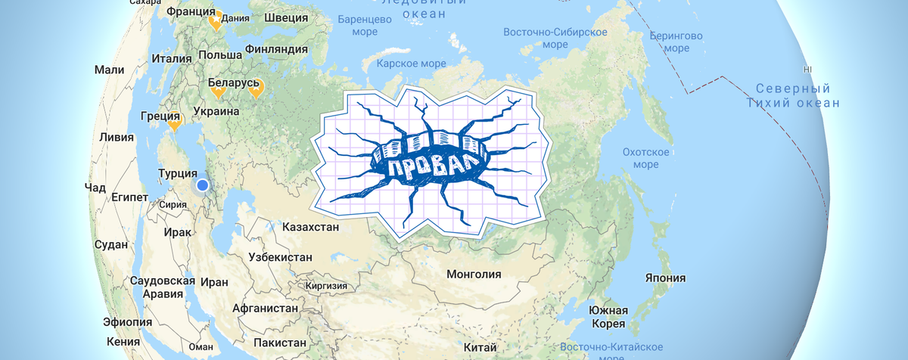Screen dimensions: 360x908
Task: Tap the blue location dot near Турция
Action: click(x=202, y=185)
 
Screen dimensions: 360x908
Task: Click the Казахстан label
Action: click(x=309, y=227)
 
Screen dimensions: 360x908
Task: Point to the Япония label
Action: click(x=664, y=278)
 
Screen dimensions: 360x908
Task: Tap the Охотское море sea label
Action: click(x=645, y=158)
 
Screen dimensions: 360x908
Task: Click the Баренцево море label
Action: click(x=368, y=24)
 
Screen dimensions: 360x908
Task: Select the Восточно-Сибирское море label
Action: click(x=555, y=38)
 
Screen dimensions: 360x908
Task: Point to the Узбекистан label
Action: click(x=280, y=257)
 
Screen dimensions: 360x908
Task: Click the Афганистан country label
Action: click(x=265, y=309)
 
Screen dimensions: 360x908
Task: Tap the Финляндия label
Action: click(x=276, y=49)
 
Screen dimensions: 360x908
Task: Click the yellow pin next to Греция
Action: click(x=175, y=119)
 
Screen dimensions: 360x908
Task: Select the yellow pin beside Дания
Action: click(x=216, y=20)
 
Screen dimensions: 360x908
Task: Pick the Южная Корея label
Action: click(x=608, y=318)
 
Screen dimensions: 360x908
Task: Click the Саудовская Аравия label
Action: click(x=157, y=287)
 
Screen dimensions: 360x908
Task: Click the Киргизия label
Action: click(x=326, y=287)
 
